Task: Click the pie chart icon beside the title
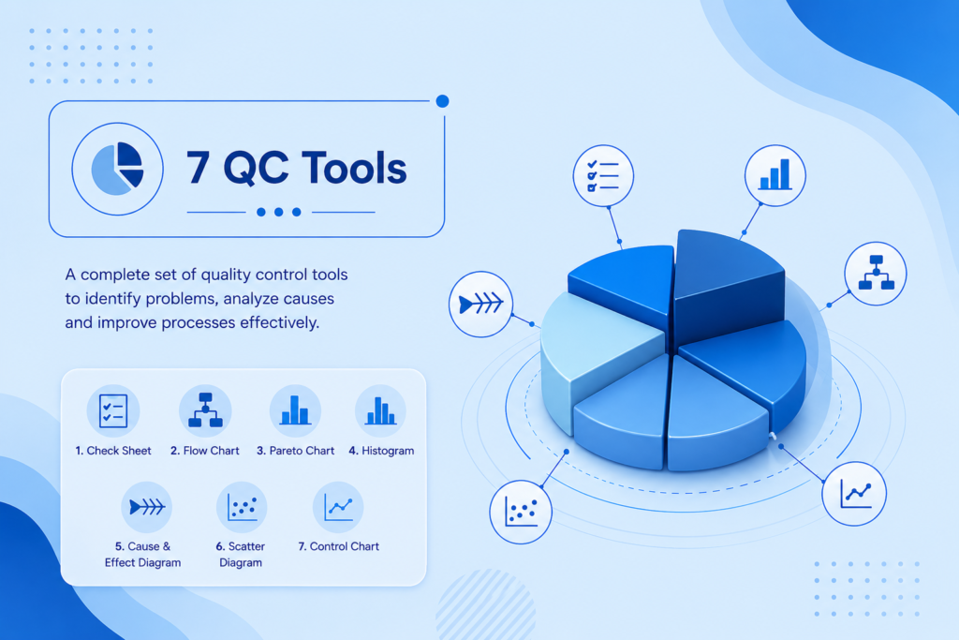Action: click(117, 169)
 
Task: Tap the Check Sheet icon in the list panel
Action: click(113, 410)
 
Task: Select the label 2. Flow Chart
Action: click(205, 451)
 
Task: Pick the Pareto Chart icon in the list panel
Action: click(295, 410)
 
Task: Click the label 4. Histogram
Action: click(381, 451)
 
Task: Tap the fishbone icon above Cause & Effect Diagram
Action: click(147, 507)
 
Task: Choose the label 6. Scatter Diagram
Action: click(241, 555)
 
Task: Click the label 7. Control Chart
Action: click(338, 546)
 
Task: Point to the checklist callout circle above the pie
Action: click(603, 175)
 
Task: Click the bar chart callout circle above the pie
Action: click(775, 175)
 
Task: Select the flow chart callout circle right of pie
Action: click(876, 274)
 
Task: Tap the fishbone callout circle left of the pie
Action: click(480, 305)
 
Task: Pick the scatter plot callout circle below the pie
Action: click(521, 513)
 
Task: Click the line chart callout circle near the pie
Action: click(854, 494)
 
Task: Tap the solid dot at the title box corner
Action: click(442, 101)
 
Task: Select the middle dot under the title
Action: click(279, 212)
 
